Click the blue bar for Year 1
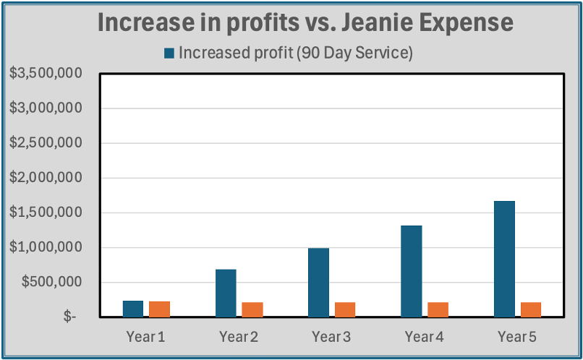coord(133,309)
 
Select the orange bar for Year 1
coord(159,309)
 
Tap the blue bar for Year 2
coord(226,293)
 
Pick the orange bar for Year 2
coord(252,309)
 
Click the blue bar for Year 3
coord(319,282)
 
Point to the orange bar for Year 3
coord(345,309)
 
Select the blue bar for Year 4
coord(412,271)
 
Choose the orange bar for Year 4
coord(438,309)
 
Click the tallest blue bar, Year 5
coord(504,259)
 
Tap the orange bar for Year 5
coord(531,309)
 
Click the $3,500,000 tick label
coord(44,74)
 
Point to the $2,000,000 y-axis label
coord(44,178)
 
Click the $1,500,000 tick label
coord(44,213)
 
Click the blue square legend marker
coord(169,53)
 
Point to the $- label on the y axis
coord(69,317)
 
